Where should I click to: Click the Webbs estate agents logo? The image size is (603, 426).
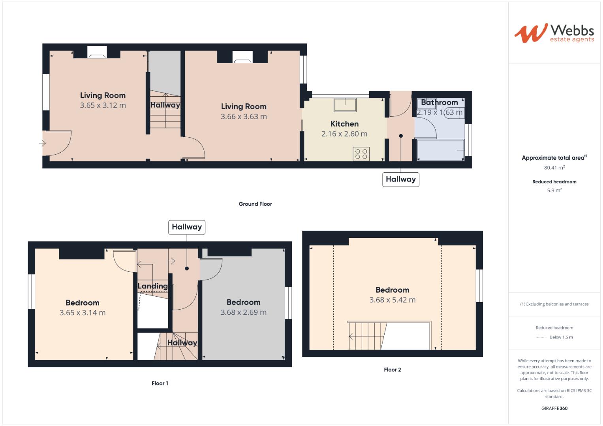[x=554, y=33]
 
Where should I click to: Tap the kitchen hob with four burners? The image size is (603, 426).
[x=361, y=153]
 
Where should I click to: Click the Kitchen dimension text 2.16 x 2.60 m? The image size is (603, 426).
[x=344, y=134]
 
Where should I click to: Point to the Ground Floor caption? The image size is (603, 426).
[x=255, y=204]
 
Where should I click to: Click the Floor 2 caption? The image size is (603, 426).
[x=392, y=370]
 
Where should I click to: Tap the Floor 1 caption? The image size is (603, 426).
[x=160, y=383]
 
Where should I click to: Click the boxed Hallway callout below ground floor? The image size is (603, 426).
[x=400, y=179]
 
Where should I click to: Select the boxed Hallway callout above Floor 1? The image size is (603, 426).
[x=187, y=227]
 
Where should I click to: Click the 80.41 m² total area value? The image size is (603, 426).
[x=554, y=168]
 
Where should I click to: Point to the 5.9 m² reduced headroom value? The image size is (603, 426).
[x=554, y=190]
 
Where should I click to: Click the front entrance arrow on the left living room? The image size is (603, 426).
[x=43, y=143]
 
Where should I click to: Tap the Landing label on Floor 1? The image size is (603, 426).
[x=152, y=286]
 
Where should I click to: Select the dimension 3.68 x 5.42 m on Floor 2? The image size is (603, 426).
[x=392, y=300]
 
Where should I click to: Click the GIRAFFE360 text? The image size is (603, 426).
[x=554, y=408]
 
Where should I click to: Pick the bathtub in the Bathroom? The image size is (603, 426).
[x=441, y=150]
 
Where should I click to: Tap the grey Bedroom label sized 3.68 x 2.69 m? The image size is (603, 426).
[x=243, y=302]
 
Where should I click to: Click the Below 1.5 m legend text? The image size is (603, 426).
[x=561, y=337]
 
